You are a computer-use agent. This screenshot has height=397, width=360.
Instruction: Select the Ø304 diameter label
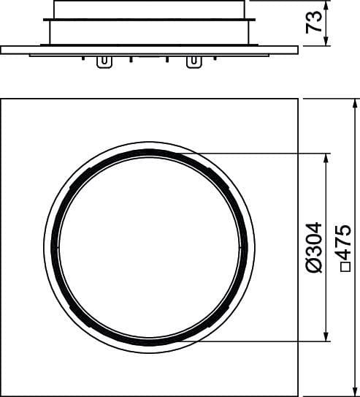click(x=314, y=248)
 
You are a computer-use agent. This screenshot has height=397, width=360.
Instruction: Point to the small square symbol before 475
click(x=345, y=267)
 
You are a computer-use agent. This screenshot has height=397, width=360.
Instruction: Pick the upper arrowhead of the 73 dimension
click(x=326, y=6)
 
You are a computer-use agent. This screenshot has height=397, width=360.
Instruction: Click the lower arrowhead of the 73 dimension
click(x=326, y=41)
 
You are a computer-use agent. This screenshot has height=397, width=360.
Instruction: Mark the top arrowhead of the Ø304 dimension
click(x=326, y=158)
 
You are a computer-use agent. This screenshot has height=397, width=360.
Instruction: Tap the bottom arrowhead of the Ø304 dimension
click(x=326, y=336)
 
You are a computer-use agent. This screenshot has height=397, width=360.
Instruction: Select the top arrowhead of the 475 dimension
click(x=355, y=104)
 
